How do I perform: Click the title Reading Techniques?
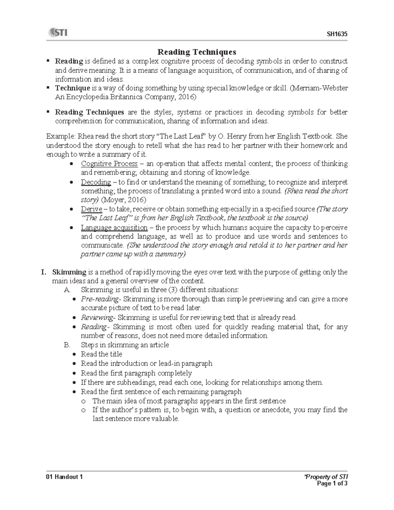[x=197, y=52]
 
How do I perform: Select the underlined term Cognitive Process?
[x=109, y=164]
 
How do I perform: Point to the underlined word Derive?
[x=91, y=209]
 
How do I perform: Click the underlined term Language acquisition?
[x=114, y=228]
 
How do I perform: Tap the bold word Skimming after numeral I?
[x=69, y=272]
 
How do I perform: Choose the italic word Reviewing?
[x=97, y=318]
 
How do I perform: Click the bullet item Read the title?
[x=101, y=354]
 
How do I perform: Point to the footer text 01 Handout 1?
[x=64, y=477]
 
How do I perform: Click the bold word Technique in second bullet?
[x=72, y=88]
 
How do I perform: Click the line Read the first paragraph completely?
[x=136, y=373]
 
